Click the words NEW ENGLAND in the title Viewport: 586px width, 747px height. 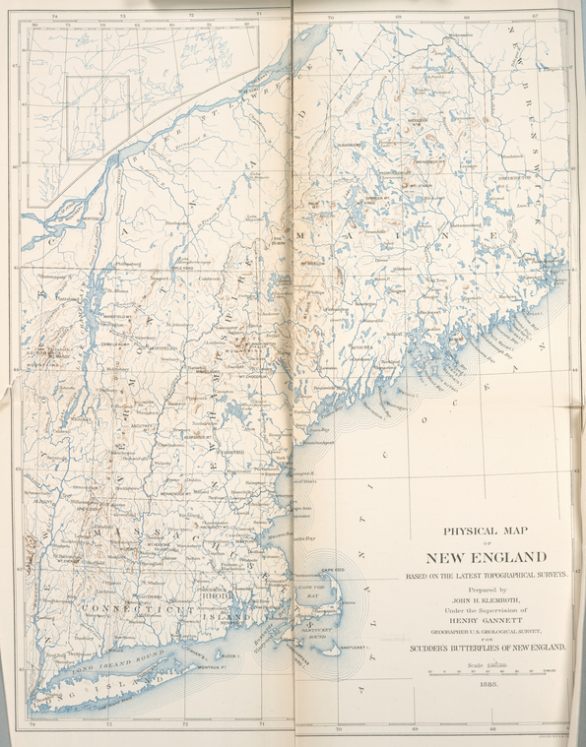click(x=486, y=557)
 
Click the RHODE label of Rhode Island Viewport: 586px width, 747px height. click(x=217, y=594)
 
